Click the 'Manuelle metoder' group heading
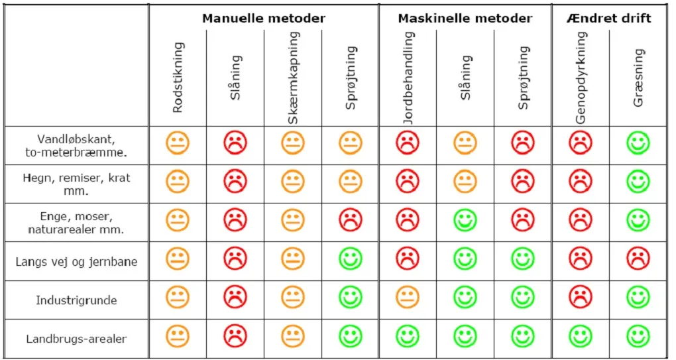click(x=264, y=19)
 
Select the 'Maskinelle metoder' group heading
click(x=465, y=19)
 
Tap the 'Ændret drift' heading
click(x=608, y=19)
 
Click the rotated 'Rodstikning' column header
click(x=178, y=78)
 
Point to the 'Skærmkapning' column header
click(x=293, y=78)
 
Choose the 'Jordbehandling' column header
click(x=408, y=78)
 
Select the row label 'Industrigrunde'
click(x=76, y=300)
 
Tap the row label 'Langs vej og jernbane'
click(x=76, y=262)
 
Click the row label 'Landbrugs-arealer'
click(x=76, y=339)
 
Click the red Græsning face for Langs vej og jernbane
click(x=638, y=259)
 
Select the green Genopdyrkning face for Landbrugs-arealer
click(x=581, y=336)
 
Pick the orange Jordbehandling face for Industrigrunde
click(x=408, y=298)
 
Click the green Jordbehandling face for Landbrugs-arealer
click(x=408, y=336)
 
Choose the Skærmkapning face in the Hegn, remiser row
click(x=293, y=182)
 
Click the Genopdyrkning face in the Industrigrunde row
click(x=581, y=298)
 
